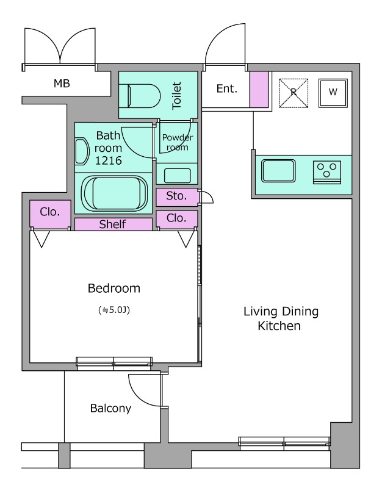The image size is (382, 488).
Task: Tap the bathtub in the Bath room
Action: [x=114, y=193]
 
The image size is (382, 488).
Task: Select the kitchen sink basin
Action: [x=278, y=171]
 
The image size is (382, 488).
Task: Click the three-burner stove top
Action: [x=327, y=173]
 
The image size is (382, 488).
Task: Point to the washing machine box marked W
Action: [x=333, y=93]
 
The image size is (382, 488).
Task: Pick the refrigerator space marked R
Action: [x=294, y=93]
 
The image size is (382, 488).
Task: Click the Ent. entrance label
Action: [x=227, y=88]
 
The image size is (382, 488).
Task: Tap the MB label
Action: [x=62, y=84]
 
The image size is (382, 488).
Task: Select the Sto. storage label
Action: [x=176, y=196]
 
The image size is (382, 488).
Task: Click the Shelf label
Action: [x=112, y=224]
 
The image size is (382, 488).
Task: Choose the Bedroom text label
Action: [x=114, y=288]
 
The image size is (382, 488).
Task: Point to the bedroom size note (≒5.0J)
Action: [x=114, y=310]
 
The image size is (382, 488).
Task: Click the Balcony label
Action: [x=110, y=408]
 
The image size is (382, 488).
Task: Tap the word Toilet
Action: [x=176, y=96]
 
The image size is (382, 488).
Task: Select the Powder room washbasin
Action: [x=177, y=176]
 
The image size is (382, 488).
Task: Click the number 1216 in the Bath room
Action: [x=109, y=160]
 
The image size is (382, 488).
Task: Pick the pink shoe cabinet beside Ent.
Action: [x=259, y=90]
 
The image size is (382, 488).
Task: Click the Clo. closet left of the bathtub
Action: [x=50, y=214]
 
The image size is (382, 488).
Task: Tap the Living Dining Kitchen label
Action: [x=281, y=318]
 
